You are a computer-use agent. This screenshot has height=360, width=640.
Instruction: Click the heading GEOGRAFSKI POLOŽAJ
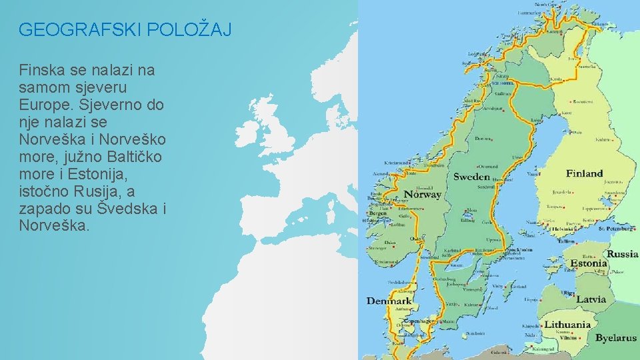point(125,30)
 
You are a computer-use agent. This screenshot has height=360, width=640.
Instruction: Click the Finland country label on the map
point(584,173)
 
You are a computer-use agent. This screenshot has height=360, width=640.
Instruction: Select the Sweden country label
point(471,177)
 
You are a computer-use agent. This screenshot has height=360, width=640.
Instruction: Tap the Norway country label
point(422,195)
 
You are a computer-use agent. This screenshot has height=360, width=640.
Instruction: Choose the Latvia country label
point(591,299)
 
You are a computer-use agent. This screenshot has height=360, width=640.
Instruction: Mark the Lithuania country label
point(568,325)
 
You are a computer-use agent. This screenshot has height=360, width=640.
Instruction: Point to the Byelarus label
point(615,338)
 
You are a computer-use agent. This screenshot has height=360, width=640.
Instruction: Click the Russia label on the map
point(621,254)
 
